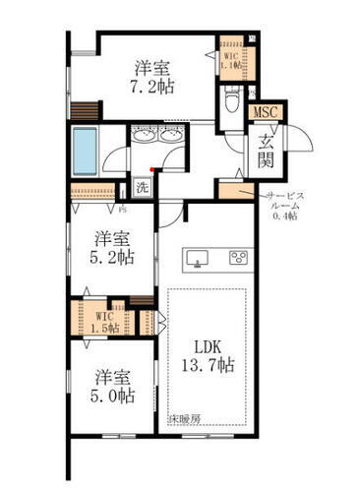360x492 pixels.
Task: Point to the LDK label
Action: pos(207,348)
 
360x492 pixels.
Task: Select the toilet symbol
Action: pos(231,99)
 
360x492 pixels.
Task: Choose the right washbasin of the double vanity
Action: pos(173,137)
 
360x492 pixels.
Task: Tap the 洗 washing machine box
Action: pos(142,187)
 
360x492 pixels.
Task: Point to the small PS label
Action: pos(123,209)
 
